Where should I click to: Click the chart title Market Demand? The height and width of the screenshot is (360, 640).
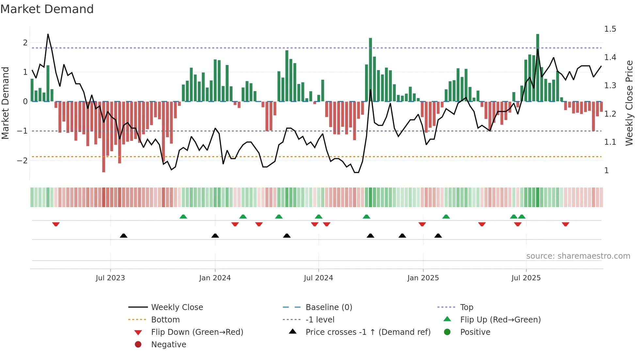pos(47,9)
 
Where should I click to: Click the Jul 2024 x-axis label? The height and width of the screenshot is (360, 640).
pos(318,278)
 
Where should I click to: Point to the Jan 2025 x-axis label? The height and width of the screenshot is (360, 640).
pos(423,278)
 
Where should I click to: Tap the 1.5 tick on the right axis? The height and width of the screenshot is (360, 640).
pos(610,29)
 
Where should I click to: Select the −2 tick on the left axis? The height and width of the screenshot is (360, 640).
pos(22,160)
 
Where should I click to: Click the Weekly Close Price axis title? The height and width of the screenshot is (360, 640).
pos(629,103)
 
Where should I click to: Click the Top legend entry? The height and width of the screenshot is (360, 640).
pos(467,307)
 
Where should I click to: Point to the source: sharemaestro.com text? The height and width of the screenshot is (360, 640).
pos(578,256)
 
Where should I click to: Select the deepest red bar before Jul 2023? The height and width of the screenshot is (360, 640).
pos(104,137)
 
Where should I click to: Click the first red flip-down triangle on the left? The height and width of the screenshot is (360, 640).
pos(56,224)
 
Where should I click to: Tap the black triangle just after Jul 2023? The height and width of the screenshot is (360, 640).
pos(123,236)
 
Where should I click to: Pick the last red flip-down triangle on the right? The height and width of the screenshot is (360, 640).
pos(566,224)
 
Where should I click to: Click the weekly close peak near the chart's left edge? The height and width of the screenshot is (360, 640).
pos(48,34)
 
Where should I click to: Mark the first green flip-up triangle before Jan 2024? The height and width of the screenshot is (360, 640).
pos(183,217)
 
